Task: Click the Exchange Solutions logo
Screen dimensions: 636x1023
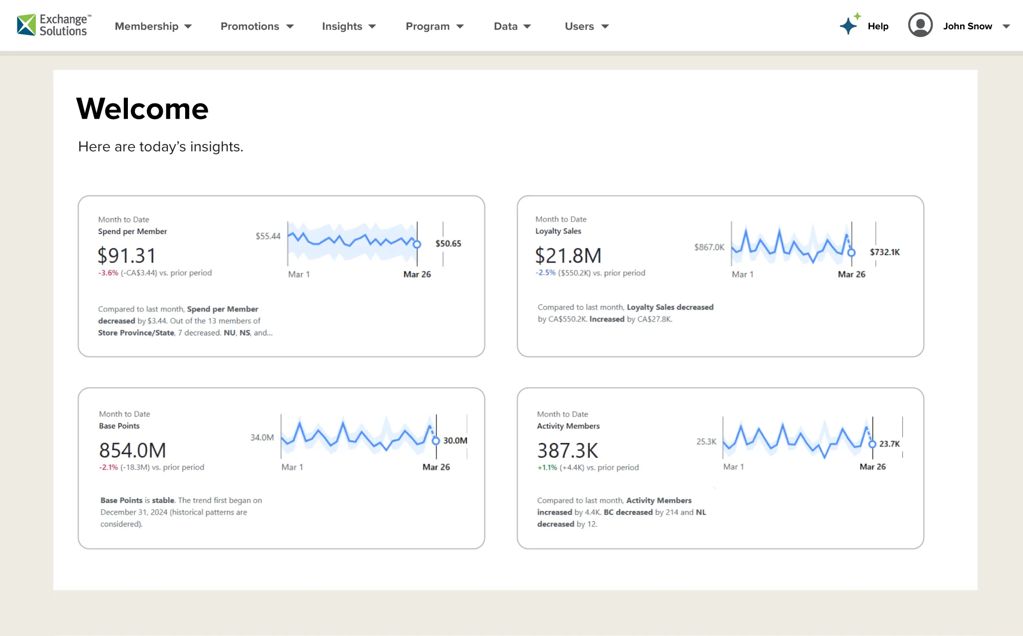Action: pyautogui.click(x=54, y=25)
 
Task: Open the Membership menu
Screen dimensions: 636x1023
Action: pyautogui.click(x=153, y=26)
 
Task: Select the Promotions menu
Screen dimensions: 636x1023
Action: pyautogui.click(x=257, y=26)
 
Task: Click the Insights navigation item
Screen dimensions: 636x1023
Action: pyautogui.click(x=348, y=26)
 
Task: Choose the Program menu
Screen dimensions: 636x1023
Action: pyautogui.click(x=434, y=26)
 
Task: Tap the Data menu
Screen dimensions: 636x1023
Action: pyautogui.click(x=512, y=26)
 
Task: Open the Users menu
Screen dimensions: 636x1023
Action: pyautogui.click(x=586, y=26)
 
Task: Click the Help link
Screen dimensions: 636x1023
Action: pyautogui.click(x=878, y=26)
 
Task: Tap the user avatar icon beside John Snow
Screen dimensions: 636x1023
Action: pyautogui.click(x=920, y=25)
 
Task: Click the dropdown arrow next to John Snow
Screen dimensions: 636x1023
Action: pyautogui.click(x=1006, y=27)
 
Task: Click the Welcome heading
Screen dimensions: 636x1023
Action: pyautogui.click(x=142, y=109)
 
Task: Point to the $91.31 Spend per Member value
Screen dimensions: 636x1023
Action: pyautogui.click(x=126, y=256)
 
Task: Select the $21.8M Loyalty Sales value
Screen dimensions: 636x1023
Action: pyautogui.click(x=568, y=256)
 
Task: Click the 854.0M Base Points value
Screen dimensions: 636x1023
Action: pyautogui.click(x=132, y=451)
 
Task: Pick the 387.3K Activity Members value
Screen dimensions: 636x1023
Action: pyautogui.click(x=567, y=451)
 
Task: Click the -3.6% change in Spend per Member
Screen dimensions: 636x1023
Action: pyautogui.click(x=108, y=273)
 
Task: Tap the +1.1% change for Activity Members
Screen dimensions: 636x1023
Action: pyautogui.click(x=547, y=468)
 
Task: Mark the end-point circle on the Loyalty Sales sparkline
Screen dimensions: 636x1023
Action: pyautogui.click(x=851, y=252)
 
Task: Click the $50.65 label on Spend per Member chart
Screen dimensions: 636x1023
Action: pyautogui.click(x=448, y=244)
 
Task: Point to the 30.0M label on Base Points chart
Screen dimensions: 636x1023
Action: pyautogui.click(x=455, y=440)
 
